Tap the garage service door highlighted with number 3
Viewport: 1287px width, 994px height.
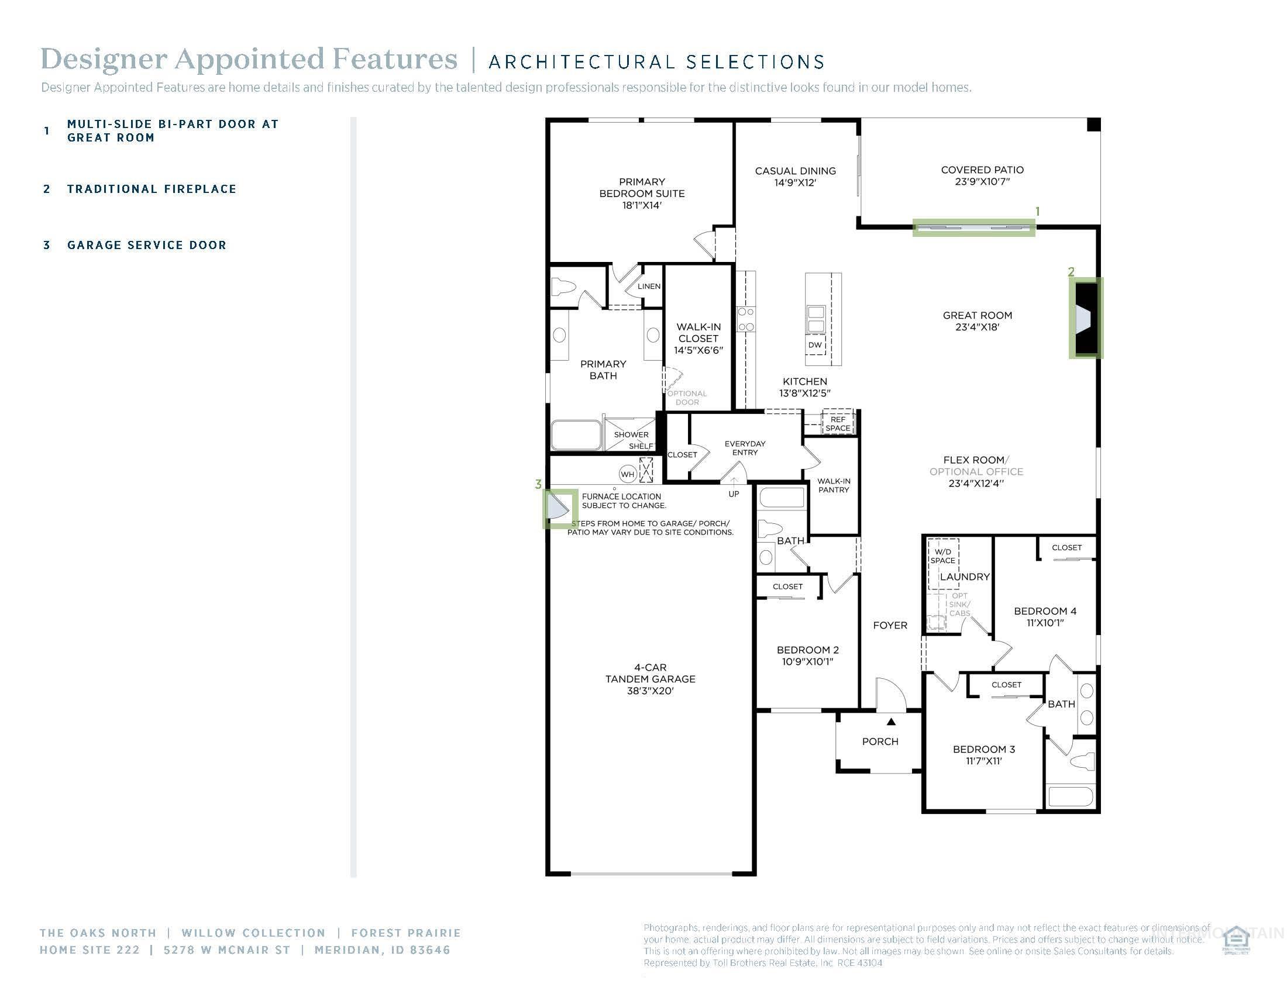(558, 508)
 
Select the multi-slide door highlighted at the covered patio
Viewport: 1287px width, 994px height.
(973, 227)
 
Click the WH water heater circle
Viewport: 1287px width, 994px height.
(627, 474)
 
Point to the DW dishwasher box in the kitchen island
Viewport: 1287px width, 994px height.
(815, 345)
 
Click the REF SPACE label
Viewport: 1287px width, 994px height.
(838, 424)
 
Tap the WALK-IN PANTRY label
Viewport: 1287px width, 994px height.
(833, 485)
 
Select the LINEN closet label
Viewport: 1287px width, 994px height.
(649, 286)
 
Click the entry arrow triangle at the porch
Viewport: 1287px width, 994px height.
(891, 722)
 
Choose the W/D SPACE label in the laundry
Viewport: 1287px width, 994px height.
(943, 556)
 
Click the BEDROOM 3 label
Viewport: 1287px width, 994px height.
(983, 749)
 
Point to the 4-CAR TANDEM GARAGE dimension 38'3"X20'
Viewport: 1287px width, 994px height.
(650, 691)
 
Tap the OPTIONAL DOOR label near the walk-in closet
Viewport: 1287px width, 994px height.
(687, 398)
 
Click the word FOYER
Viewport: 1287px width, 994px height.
(890, 626)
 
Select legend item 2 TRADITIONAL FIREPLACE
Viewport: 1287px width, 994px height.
(152, 189)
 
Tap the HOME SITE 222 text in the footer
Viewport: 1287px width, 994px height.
(90, 950)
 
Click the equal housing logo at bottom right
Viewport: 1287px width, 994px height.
(1236, 940)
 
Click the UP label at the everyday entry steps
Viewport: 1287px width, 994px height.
(733, 494)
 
